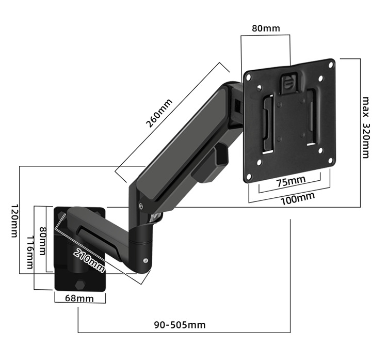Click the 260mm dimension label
click(x=160, y=114)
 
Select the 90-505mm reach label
click(x=180, y=325)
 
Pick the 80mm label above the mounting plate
click(x=266, y=28)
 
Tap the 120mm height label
click(x=13, y=221)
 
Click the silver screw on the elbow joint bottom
click(x=146, y=261)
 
